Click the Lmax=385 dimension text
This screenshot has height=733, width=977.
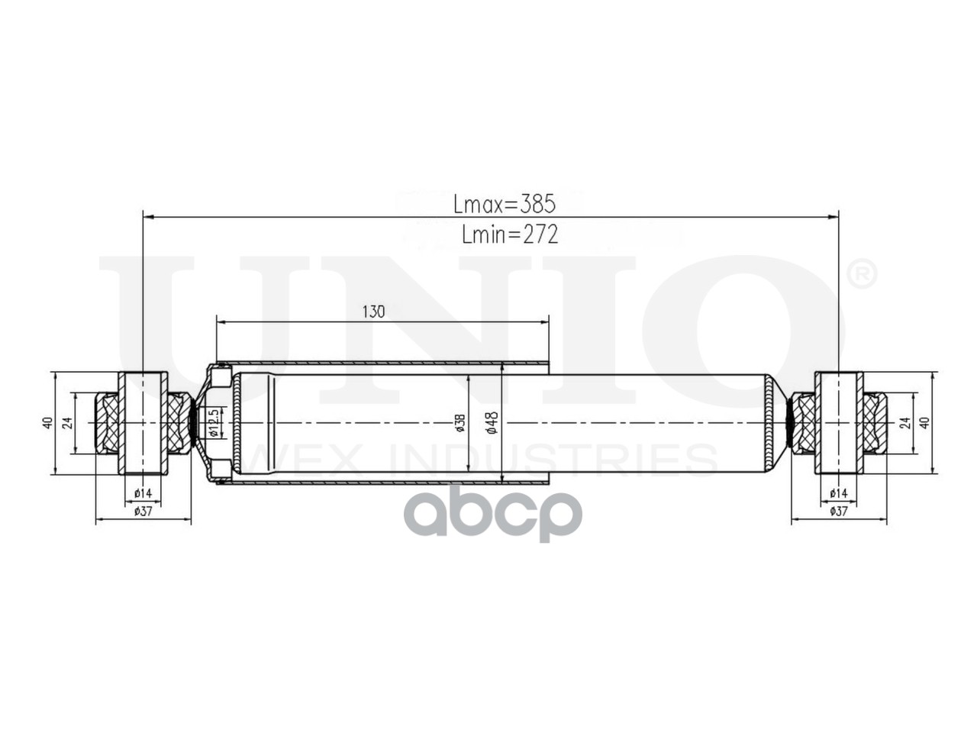click(505, 205)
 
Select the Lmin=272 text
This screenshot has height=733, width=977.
click(510, 234)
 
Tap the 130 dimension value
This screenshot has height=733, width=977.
click(373, 312)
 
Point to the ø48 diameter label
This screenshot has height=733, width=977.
click(492, 422)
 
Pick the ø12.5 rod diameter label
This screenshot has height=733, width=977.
click(214, 423)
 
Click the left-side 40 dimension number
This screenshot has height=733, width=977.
click(48, 423)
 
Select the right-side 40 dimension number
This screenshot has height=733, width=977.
click(924, 422)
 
